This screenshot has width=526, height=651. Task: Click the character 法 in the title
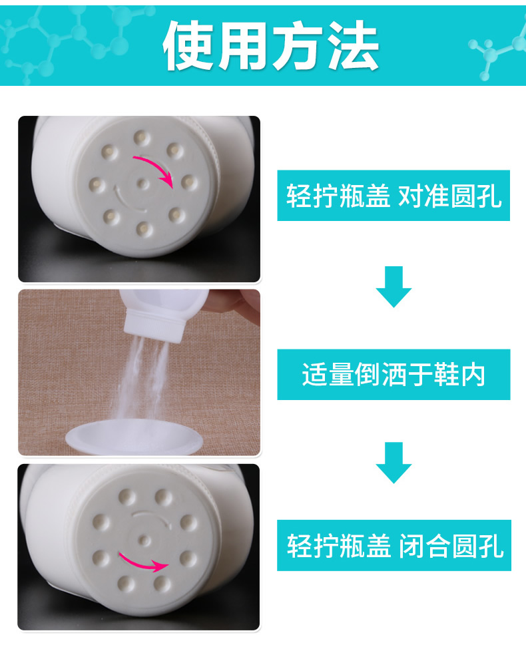[353, 45]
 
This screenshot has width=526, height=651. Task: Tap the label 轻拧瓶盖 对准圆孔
[394, 196]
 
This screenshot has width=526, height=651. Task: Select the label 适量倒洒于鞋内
[394, 375]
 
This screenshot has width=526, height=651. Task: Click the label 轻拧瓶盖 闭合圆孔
[394, 546]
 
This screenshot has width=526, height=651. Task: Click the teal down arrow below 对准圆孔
[394, 286]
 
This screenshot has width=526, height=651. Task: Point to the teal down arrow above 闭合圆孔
[394, 463]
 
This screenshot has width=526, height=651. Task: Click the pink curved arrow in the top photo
[157, 167]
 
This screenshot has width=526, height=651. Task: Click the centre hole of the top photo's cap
[142, 183]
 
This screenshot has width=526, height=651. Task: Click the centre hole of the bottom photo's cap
[144, 540]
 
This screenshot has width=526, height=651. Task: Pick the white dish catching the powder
[134, 437]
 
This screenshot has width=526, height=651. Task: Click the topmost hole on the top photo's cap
[142, 137]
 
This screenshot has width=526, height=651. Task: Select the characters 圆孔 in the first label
[476, 196]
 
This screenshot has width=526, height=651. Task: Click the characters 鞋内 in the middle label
[459, 375]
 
